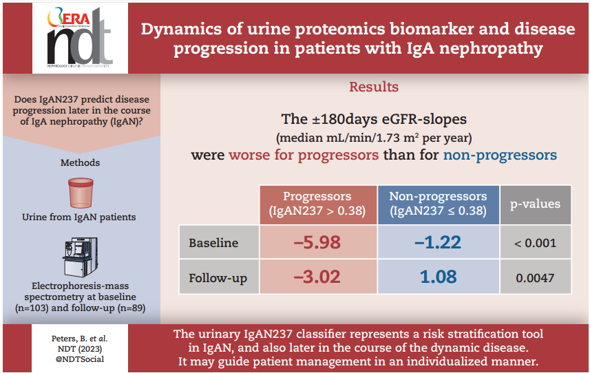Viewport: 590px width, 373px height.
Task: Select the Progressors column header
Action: (317, 204)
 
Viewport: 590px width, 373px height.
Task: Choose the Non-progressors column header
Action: (438, 204)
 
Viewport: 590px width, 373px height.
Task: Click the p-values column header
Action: (534, 204)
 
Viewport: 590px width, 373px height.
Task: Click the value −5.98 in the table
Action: (317, 242)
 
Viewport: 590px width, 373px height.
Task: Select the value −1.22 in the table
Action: (438, 242)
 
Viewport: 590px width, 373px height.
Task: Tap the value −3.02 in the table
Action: (317, 277)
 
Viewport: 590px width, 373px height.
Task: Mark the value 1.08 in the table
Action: (438, 277)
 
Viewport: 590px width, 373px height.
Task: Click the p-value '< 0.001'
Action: (534, 243)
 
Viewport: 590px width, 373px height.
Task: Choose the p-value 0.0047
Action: (534, 278)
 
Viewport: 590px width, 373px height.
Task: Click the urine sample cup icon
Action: (81, 193)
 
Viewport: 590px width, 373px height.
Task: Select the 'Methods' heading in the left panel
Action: (80, 163)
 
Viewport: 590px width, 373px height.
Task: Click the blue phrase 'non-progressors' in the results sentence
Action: (499, 155)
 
